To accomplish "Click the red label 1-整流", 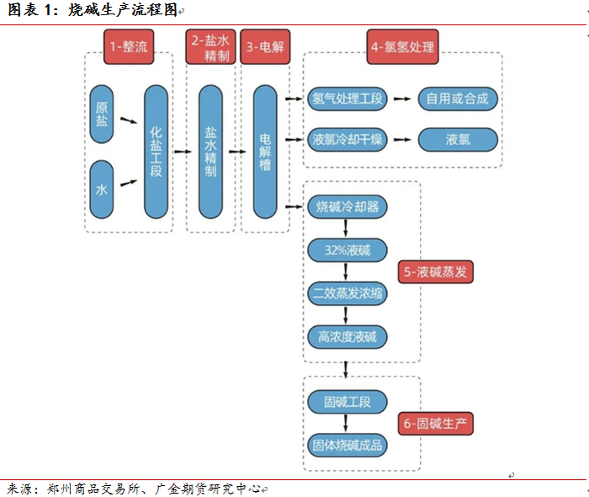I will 129,47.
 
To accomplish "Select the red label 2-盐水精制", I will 210,47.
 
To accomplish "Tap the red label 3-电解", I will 266,47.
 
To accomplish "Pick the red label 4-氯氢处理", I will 402,47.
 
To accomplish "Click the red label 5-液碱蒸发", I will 436,271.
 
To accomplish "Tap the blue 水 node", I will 102,190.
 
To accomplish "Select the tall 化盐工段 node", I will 157,152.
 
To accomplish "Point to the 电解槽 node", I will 265,152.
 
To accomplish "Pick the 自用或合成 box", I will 457,99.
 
